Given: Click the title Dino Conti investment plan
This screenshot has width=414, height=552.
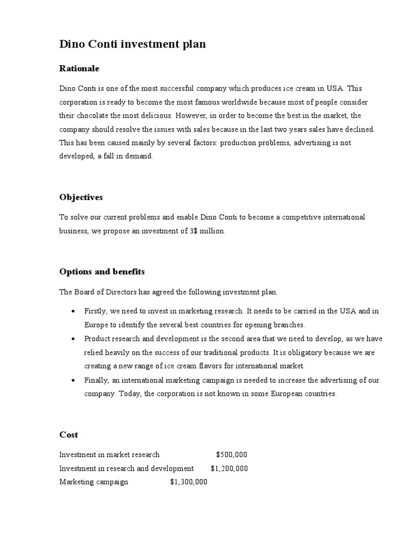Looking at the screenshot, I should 132,45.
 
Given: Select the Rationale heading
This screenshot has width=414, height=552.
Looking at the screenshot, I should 79,69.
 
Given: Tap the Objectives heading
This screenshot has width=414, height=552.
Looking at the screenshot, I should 81,197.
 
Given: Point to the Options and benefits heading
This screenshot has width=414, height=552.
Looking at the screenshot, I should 102,272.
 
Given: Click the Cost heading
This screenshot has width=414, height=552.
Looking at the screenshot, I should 68,434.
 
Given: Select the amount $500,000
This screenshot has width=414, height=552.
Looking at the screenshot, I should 232,455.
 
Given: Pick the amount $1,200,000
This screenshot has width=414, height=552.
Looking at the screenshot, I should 229,468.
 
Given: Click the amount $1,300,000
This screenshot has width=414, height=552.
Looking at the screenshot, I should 189,482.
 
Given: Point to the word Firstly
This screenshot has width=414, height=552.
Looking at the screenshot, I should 96,312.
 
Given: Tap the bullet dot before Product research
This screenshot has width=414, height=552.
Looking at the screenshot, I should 73,339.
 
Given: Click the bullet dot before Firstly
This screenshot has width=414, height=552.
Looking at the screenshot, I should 73,312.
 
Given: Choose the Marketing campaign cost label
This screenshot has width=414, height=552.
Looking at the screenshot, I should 94,482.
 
